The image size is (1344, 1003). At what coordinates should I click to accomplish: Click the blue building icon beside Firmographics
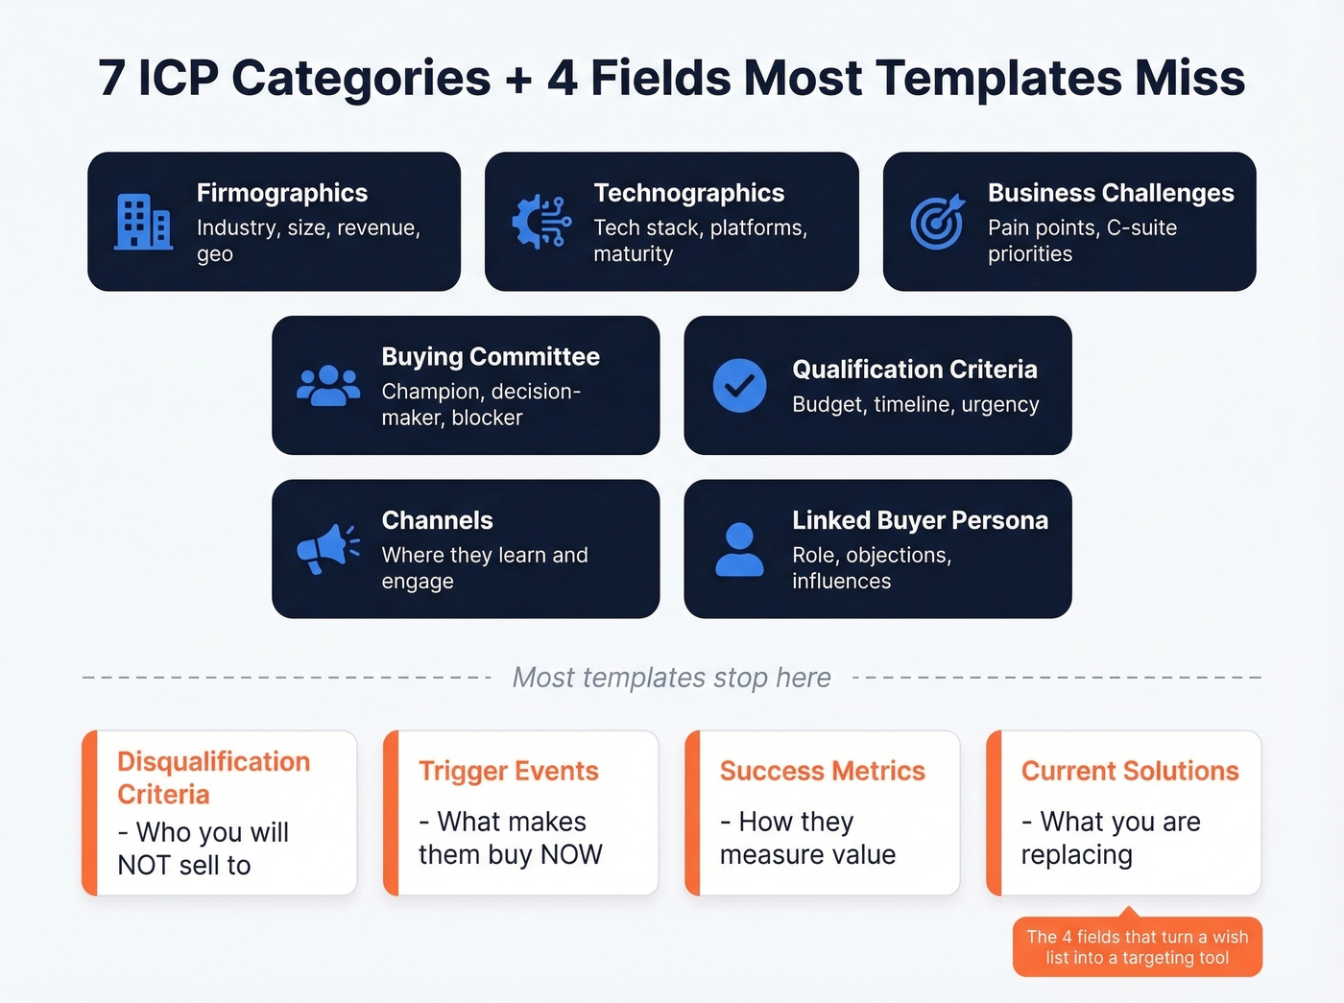(x=143, y=222)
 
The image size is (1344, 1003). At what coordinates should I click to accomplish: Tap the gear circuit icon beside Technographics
(x=540, y=222)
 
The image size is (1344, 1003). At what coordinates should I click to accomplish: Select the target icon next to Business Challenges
(x=937, y=222)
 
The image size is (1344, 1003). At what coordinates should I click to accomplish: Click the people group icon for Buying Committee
(x=328, y=385)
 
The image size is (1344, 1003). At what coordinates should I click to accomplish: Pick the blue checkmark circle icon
(x=739, y=386)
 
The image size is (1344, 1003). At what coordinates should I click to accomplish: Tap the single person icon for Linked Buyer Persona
(x=739, y=549)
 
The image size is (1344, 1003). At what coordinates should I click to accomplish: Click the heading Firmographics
(x=282, y=193)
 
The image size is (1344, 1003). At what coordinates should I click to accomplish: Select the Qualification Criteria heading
(x=914, y=370)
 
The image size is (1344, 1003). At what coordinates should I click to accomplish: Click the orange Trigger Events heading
(x=508, y=771)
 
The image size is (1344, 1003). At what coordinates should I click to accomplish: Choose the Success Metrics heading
(x=822, y=771)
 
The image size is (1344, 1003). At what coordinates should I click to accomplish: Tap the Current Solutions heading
(x=1129, y=771)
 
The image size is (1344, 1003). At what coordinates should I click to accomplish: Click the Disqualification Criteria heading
(x=213, y=777)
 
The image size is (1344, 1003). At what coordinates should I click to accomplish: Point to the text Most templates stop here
(x=671, y=678)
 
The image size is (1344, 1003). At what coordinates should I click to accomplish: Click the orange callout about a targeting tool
(x=1137, y=947)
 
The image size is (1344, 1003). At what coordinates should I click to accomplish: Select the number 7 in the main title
(x=111, y=79)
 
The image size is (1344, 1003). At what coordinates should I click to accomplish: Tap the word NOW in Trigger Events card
(x=571, y=854)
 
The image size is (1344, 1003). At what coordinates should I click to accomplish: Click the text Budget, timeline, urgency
(x=915, y=404)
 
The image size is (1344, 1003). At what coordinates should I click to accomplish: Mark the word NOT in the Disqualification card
(x=144, y=865)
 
